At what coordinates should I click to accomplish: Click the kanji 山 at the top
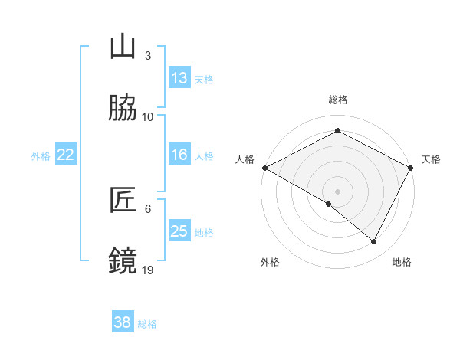point(123,48)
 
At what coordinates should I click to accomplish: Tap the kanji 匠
point(123,201)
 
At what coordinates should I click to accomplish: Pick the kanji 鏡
point(123,260)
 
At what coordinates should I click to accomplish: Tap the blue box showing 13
point(179,78)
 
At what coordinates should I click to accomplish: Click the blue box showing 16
point(179,155)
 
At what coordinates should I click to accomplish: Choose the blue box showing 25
point(179,231)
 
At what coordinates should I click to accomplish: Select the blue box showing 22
point(66,155)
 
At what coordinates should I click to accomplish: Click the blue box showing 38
point(123,323)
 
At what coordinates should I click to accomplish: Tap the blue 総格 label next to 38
point(147,324)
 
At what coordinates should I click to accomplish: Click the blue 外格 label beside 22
point(41,155)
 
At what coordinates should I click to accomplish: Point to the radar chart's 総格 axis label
point(337,100)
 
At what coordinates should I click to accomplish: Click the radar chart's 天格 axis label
point(431,159)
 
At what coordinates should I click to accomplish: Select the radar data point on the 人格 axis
point(264,168)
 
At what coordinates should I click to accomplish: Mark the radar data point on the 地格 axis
point(374,242)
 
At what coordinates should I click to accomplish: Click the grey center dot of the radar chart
point(337,191)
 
